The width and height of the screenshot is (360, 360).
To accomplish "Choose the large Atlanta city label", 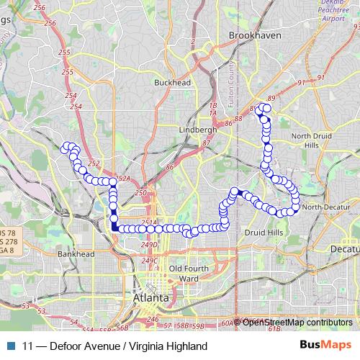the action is (x=151, y=297).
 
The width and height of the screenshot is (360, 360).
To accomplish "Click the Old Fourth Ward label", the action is (x=184, y=273).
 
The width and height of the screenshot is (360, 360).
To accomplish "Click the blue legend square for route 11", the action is (x=9, y=346).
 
